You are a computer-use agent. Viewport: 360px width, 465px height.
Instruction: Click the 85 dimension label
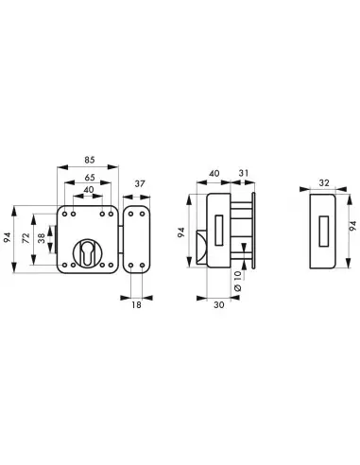click(x=90, y=160)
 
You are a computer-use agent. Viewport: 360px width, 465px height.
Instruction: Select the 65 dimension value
click(x=90, y=178)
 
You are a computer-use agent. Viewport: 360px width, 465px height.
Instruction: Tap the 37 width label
click(x=140, y=183)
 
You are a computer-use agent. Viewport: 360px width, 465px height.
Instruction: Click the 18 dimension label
click(x=136, y=305)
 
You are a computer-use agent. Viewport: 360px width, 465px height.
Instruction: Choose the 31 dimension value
click(x=244, y=173)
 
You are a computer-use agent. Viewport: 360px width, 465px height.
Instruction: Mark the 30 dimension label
click(x=219, y=304)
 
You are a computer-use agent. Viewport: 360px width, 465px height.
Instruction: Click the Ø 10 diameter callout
click(x=238, y=281)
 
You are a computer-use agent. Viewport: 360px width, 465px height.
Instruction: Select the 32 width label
click(x=324, y=182)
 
